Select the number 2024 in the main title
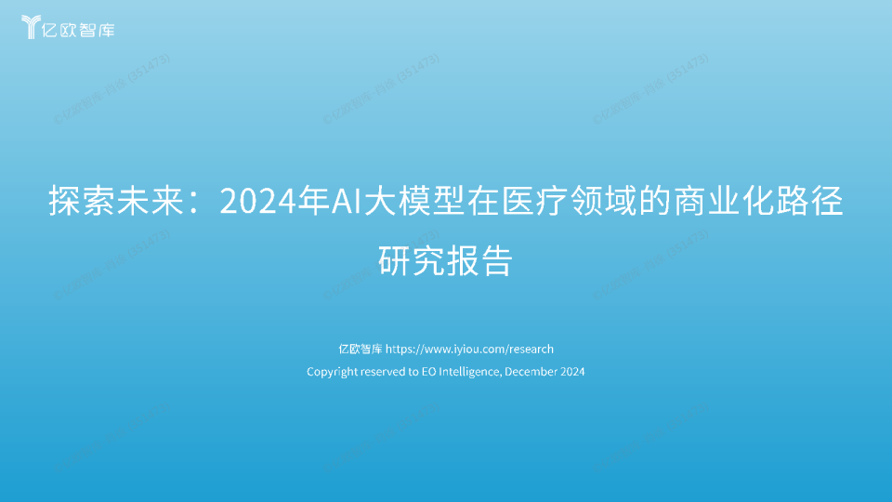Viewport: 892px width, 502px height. tap(251, 202)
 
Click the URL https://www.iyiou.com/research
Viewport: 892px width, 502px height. tap(469, 350)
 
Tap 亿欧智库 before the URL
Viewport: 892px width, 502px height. tap(360, 350)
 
